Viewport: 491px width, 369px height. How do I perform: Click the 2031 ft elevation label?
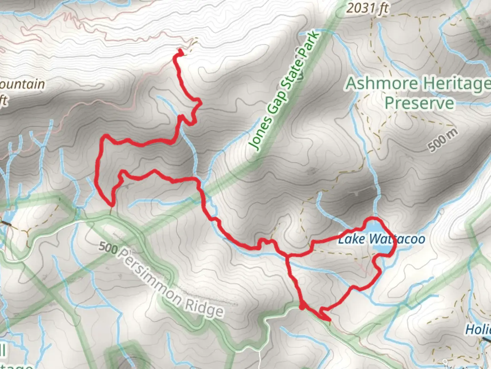pyautogui.click(x=368, y=8)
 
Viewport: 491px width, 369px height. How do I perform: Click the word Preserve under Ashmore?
pyautogui.click(x=419, y=103)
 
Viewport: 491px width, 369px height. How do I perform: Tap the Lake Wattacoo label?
pyautogui.click(x=381, y=239)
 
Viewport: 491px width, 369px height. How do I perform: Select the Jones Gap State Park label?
pyautogui.click(x=286, y=90)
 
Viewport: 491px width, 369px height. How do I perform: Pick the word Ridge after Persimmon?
pyautogui.click(x=204, y=307)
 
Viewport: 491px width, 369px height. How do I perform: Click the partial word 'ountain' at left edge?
pyautogui.click(x=23, y=84)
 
